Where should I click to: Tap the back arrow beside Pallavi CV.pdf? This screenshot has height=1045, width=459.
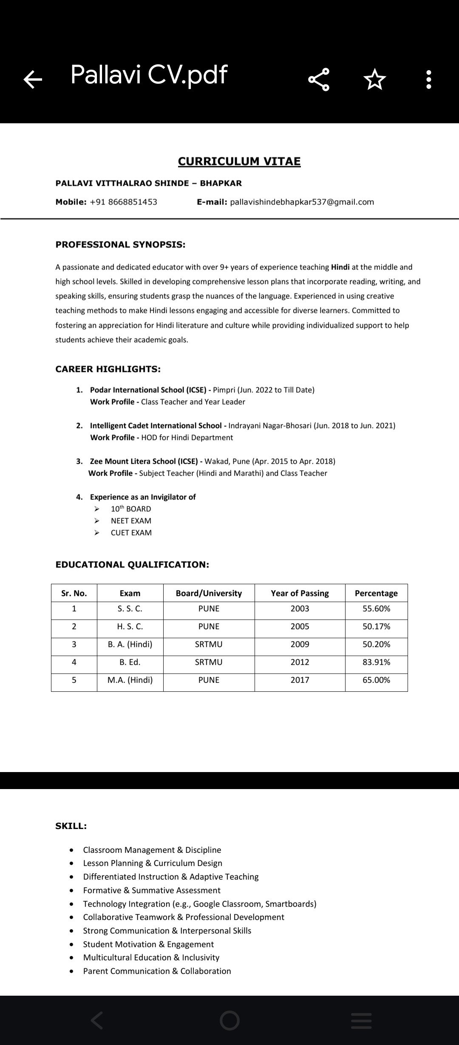[x=33, y=79]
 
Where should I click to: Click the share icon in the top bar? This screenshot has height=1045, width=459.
[x=319, y=79]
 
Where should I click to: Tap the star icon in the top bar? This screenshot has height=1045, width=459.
[x=374, y=79]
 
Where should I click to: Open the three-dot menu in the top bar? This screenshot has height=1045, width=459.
[x=428, y=79]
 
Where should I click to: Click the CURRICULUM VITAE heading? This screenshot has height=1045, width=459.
[x=239, y=162]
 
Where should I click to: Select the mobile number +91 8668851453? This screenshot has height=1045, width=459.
[x=123, y=202]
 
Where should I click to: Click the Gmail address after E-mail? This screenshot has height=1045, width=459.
[x=302, y=202]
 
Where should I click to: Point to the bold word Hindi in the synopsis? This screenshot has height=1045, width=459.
[x=340, y=267]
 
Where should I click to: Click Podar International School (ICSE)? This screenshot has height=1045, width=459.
[x=148, y=390]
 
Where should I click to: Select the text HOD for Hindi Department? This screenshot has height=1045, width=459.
[x=187, y=437]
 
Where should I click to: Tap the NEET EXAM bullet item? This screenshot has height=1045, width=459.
[x=131, y=521]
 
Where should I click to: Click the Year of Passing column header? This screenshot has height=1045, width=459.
[x=300, y=593]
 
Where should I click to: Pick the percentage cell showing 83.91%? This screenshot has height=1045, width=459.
[x=376, y=662]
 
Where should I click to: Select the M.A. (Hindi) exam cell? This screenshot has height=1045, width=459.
[x=130, y=680]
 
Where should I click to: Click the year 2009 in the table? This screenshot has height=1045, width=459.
[x=300, y=644]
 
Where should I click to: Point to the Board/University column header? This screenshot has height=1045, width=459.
[x=209, y=593]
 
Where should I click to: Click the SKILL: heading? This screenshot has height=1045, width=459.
[x=71, y=826]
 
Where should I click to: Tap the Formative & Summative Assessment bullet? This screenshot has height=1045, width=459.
[x=152, y=890]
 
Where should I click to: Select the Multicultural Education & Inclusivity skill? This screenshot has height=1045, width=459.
[x=151, y=957]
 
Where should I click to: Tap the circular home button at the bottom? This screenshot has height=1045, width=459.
[x=229, y=1020]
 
